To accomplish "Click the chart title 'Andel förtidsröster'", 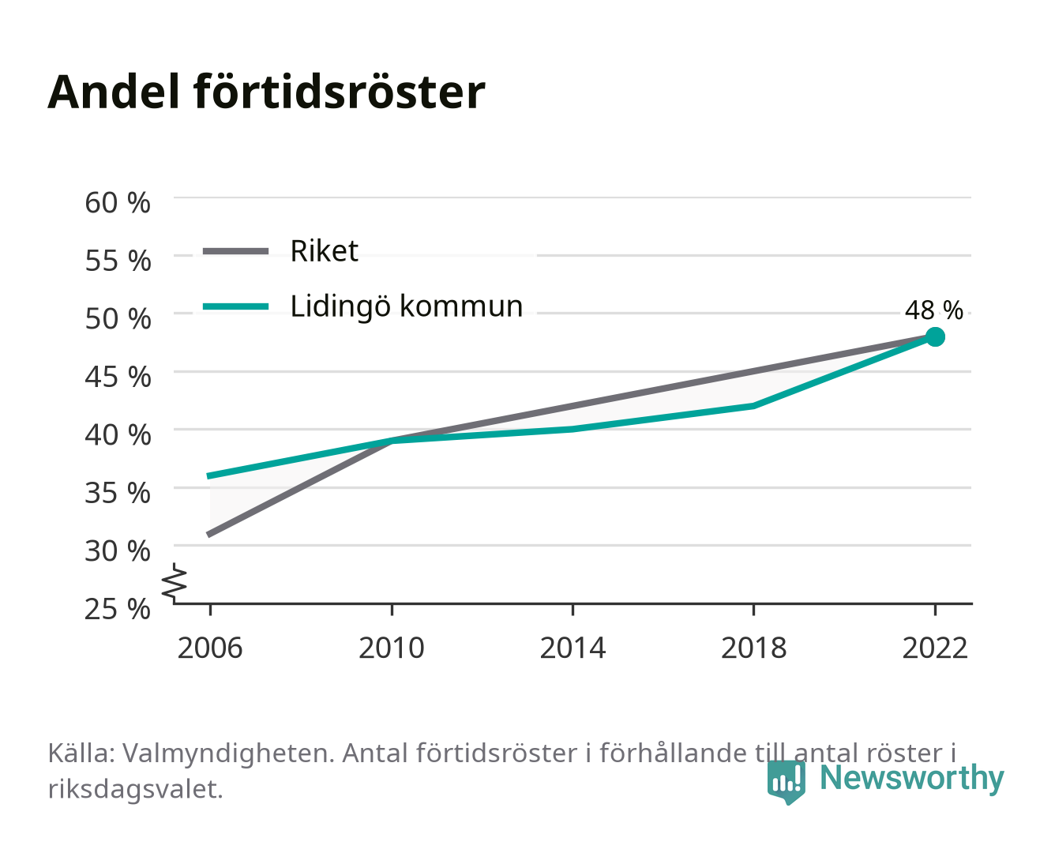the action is point(266,92).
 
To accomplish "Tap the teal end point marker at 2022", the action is point(935,336).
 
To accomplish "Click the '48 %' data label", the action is point(933,310).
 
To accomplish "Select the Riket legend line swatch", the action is point(236,251).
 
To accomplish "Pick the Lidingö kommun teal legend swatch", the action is point(236,306).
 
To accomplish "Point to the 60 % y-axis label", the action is point(118,203).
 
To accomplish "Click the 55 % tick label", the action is point(118,261).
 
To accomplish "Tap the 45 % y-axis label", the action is point(118,377).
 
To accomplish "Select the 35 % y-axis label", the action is point(118,493).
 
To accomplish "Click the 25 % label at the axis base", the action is point(118,609).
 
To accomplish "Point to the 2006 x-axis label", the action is point(210,648).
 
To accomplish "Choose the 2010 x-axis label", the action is point(392,648).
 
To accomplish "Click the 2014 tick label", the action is point(573,648).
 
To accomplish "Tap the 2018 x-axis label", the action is point(753,648).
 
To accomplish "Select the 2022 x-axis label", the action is point(935,648).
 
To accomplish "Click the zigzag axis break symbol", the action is point(175,583).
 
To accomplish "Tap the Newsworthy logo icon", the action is point(786,783).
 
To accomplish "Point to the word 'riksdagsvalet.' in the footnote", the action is point(135,790).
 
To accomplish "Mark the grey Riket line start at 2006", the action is point(210,534).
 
